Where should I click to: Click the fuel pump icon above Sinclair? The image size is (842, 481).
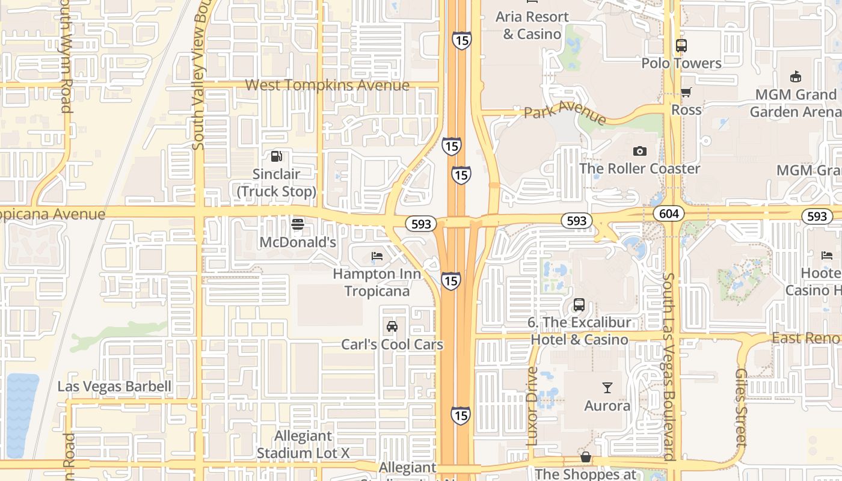[276, 156]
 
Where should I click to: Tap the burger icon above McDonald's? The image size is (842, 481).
[297, 225]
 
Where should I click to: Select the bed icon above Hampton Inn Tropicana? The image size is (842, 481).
[377, 256]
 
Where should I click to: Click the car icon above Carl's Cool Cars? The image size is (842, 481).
[392, 326]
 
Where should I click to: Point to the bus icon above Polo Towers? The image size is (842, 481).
[681, 46]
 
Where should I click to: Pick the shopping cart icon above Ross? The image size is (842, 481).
[686, 92]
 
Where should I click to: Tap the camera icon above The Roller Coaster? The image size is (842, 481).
[639, 151]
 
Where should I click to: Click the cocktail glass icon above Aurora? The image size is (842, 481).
[607, 388]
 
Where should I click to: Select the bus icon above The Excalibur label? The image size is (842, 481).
[579, 305]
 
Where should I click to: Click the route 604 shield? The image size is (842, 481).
[668, 213]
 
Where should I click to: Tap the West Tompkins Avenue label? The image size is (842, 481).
[327, 85]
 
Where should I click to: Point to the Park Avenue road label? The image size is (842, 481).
[565, 111]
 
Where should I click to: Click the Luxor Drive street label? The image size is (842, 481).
[532, 406]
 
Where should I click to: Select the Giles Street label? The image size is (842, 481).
[741, 406]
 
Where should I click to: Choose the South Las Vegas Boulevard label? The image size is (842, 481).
[669, 367]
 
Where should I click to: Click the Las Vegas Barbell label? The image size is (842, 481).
[114, 386]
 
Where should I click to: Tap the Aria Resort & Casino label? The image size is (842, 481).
[532, 25]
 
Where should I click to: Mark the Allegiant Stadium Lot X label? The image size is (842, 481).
[303, 444]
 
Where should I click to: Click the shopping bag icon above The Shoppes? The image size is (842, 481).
[585, 458]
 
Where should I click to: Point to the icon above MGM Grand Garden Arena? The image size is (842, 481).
[796, 77]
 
